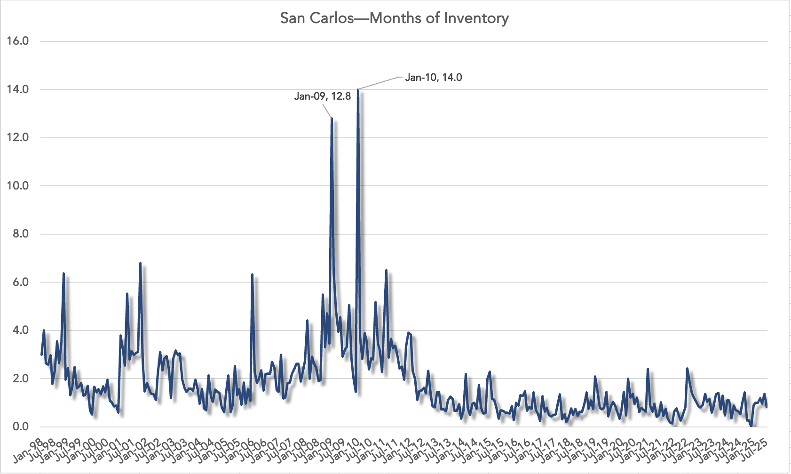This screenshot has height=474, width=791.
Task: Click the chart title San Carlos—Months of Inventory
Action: point(394,18)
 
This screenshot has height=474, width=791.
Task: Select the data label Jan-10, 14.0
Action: point(433,78)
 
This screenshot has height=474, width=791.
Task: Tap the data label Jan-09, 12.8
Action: point(322,96)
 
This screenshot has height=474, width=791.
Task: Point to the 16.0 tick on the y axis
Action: point(18,41)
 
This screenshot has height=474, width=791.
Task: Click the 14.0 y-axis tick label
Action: point(18,89)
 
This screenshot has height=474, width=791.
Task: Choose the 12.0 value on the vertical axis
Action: point(18,137)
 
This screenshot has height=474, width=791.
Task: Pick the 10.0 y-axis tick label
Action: point(18,186)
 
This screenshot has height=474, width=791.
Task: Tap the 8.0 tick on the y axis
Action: point(20,234)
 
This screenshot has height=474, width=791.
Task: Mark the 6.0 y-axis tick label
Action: point(20,282)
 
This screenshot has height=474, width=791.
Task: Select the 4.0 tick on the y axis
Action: point(20,330)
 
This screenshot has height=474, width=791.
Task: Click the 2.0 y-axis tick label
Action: point(20,379)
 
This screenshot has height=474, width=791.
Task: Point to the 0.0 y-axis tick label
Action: point(20,427)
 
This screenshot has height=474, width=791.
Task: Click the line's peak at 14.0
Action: point(358,90)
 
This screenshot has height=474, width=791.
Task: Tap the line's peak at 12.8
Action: point(332,118)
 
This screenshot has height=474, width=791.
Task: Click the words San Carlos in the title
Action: point(316,18)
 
